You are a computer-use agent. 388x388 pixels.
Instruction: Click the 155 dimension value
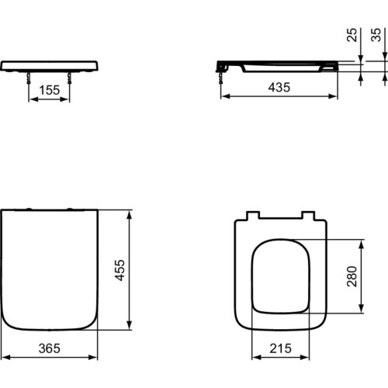49,89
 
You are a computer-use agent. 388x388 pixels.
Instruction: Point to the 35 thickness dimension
377,36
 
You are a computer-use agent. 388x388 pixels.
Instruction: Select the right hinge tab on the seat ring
308,215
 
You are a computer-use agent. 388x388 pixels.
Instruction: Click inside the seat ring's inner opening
279,275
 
